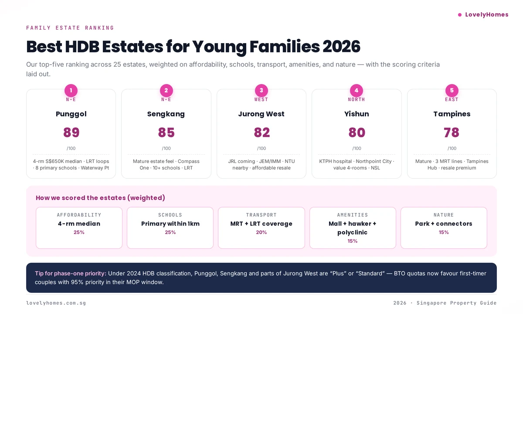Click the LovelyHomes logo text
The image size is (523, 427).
coord(486,14)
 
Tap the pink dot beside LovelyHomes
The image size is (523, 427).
coord(459,15)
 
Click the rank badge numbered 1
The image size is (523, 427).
coord(71,91)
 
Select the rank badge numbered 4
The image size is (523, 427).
coord(357,91)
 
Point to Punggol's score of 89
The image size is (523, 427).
coord(71,132)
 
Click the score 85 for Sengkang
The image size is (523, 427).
coord(166,132)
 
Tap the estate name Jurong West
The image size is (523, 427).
coord(261,114)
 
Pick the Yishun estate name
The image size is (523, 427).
coord(357,114)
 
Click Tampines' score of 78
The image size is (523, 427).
coord(452,132)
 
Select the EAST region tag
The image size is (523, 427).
coord(452,100)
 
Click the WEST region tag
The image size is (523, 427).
coord(261,100)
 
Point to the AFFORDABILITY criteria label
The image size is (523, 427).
coord(79,215)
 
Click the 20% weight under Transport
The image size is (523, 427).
coord(261,233)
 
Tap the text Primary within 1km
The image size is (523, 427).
coord(170,224)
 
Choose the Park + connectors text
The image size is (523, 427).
coord(444,224)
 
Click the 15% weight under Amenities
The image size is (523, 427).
coord(352,241)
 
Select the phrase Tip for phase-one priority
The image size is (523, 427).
coord(71,274)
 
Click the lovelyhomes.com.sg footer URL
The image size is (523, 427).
coord(56,303)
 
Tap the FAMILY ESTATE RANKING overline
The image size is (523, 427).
coord(70,28)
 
